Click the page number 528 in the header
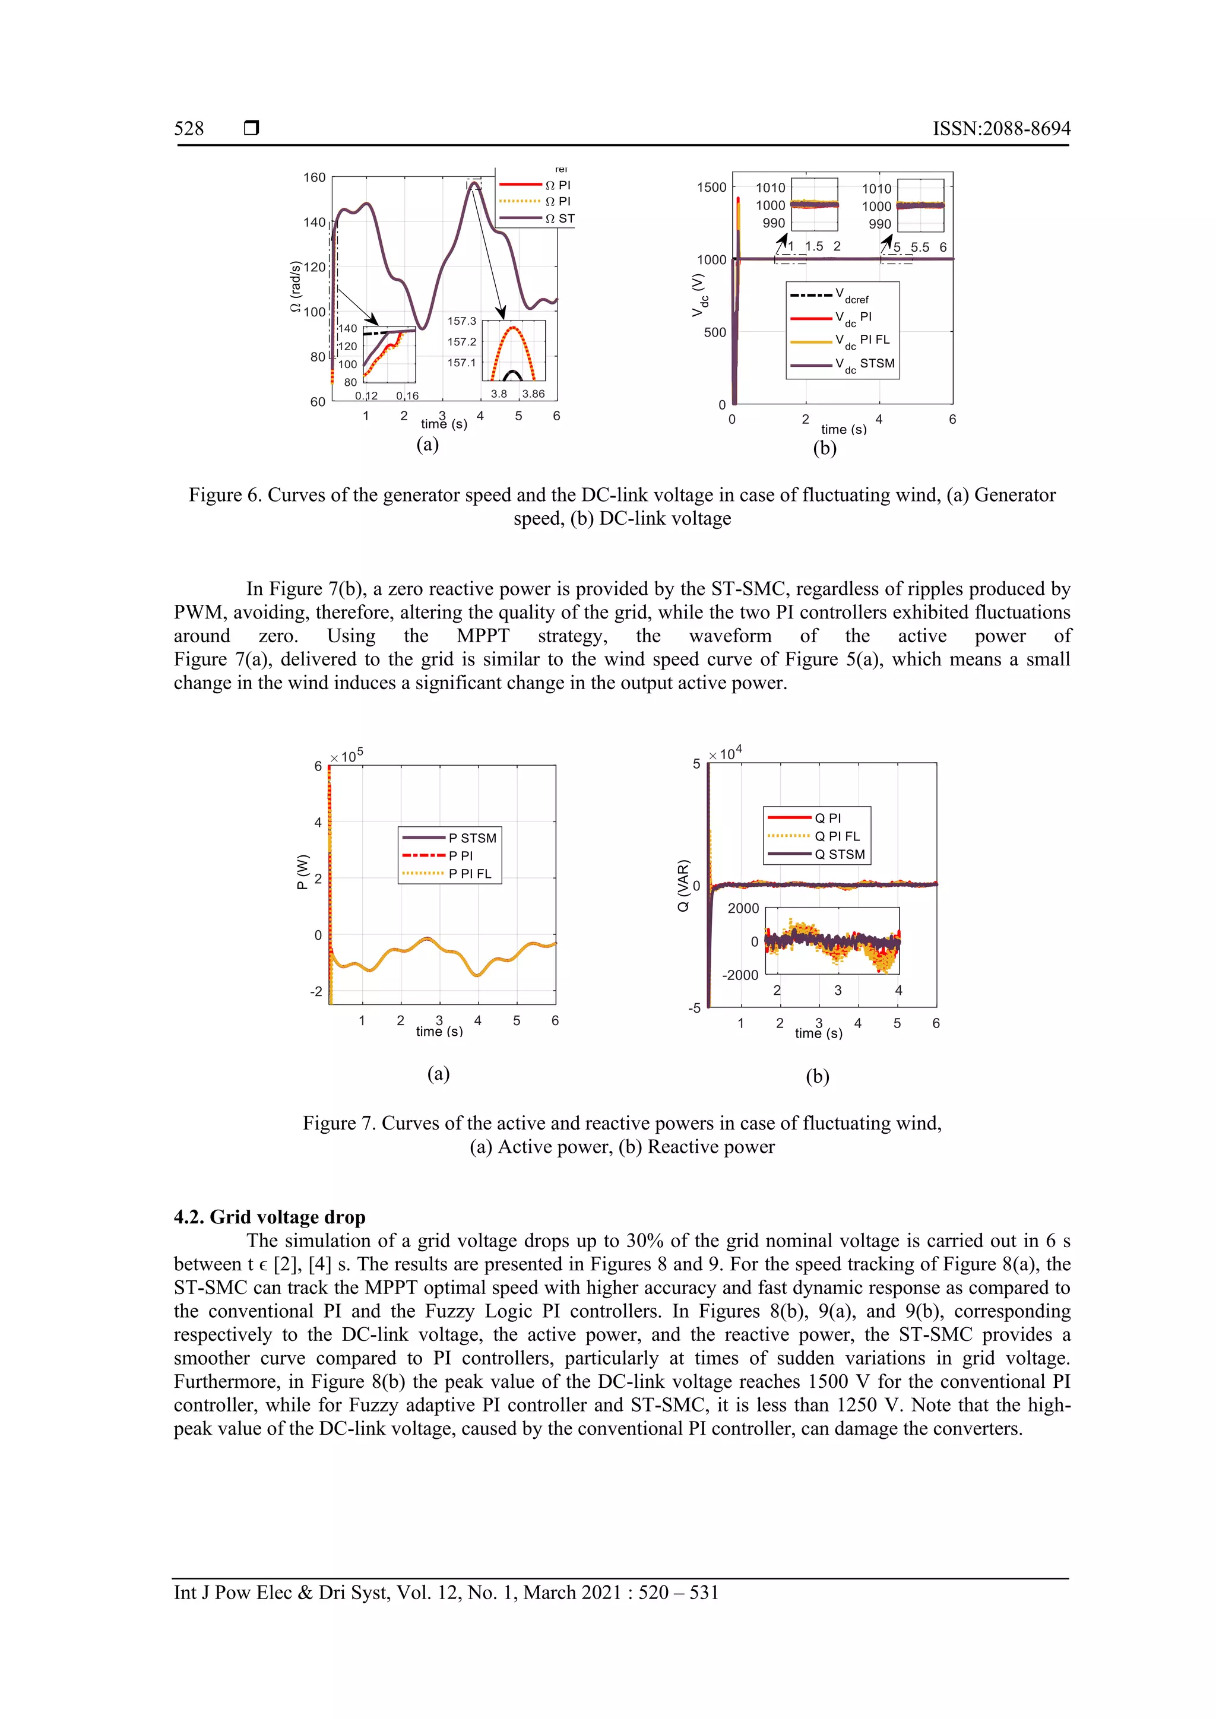click(189, 129)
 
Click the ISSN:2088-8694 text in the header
click(1001, 129)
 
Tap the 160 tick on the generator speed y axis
click(315, 177)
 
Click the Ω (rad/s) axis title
click(296, 287)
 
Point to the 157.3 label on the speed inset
click(462, 321)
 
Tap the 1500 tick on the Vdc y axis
click(711, 187)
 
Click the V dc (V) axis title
click(699, 296)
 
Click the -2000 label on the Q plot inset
click(740, 975)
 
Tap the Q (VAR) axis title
click(683, 886)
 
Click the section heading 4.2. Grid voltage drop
click(270, 1217)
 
